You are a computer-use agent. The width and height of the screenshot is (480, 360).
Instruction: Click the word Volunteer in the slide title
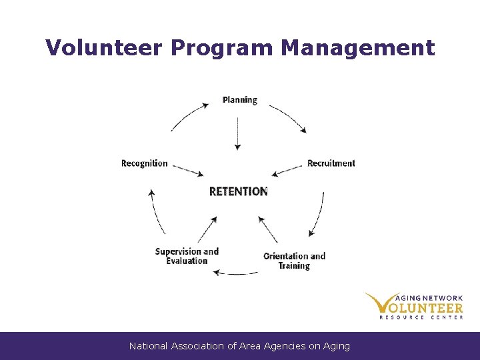coord(104,48)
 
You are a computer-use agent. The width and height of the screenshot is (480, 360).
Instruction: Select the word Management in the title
coord(358,48)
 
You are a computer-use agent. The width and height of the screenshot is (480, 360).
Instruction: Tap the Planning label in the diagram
coord(240,100)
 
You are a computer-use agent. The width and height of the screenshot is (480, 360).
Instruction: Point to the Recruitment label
coord(331,163)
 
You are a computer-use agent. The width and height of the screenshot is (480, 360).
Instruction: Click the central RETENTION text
coord(238,191)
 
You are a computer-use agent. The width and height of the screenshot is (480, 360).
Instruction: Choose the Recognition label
coord(145,163)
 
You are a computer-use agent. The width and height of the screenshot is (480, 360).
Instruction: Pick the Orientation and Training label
coord(294,261)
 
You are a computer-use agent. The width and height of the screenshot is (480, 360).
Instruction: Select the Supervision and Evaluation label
coord(187,256)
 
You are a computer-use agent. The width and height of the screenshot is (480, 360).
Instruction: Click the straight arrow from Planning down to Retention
coord(237,133)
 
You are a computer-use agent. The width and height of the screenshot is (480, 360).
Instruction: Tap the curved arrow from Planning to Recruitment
coord(289,117)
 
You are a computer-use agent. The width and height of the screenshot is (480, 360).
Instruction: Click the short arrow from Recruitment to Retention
coord(288,171)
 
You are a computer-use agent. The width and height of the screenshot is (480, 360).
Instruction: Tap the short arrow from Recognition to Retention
coord(187,170)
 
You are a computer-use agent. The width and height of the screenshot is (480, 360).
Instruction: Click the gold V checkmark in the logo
coord(380,303)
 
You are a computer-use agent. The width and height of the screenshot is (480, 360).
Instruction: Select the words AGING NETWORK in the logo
coord(431,299)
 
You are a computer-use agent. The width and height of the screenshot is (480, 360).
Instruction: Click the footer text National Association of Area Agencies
coord(239,346)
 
